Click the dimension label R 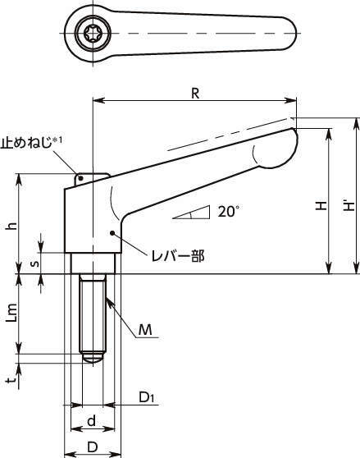tap(195, 94)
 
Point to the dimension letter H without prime tap(321, 205)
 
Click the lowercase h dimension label tap(12, 226)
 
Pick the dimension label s tap(34, 263)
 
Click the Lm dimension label tap(12, 313)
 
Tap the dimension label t tap(11, 380)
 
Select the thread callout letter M tap(145, 330)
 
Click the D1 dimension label tap(147, 397)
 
